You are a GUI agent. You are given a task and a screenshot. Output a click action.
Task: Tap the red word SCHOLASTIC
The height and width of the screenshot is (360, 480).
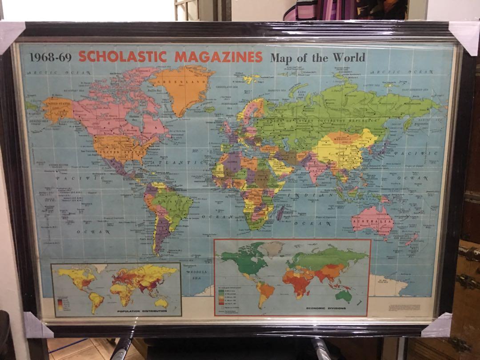click(123, 57)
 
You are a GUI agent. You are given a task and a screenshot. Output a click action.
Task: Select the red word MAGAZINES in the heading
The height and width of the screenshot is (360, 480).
click(218, 57)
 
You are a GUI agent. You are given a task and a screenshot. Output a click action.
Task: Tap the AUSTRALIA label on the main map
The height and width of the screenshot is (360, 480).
click(372, 221)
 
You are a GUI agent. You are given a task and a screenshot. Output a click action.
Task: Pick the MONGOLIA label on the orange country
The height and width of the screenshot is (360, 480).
click(342, 139)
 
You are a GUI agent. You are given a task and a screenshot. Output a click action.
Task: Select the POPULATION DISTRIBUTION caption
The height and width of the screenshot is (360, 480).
click(116, 311)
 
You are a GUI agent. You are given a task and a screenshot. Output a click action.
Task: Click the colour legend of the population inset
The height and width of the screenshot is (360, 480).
click(60, 303)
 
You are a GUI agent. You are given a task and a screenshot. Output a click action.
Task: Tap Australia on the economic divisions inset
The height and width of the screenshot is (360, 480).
click(343, 295)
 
